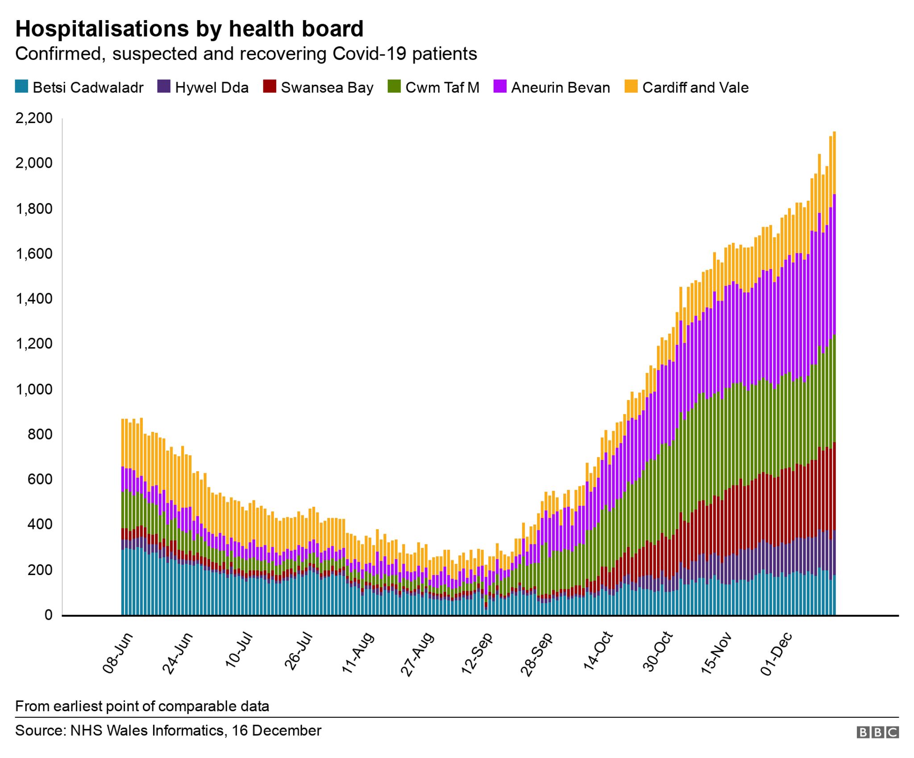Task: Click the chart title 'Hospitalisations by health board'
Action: click(x=189, y=29)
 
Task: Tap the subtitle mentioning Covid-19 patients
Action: click(x=246, y=54)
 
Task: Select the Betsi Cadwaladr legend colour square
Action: click(x=21, y=87)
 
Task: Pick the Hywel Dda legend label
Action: click(x=212, y=87)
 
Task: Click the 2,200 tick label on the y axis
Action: click(x=34, y=118)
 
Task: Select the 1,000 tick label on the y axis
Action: click(x=34, y=389)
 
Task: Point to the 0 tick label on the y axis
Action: click(x=48, y=615)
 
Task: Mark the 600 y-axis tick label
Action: click(x=40, y=480)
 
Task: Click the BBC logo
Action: click(x=877, y=733)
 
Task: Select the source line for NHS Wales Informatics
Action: click(x=168, y=731)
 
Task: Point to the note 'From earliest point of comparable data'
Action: click(x=142, y=706)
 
